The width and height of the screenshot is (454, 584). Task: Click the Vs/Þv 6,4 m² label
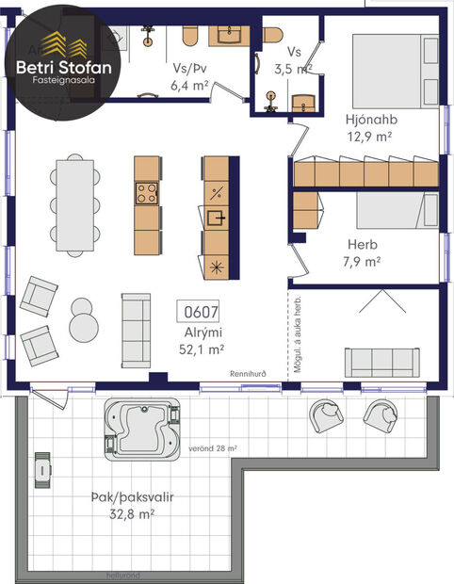189,76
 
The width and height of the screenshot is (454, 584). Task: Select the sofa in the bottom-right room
381,361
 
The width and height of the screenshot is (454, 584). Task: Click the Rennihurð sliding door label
250,374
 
